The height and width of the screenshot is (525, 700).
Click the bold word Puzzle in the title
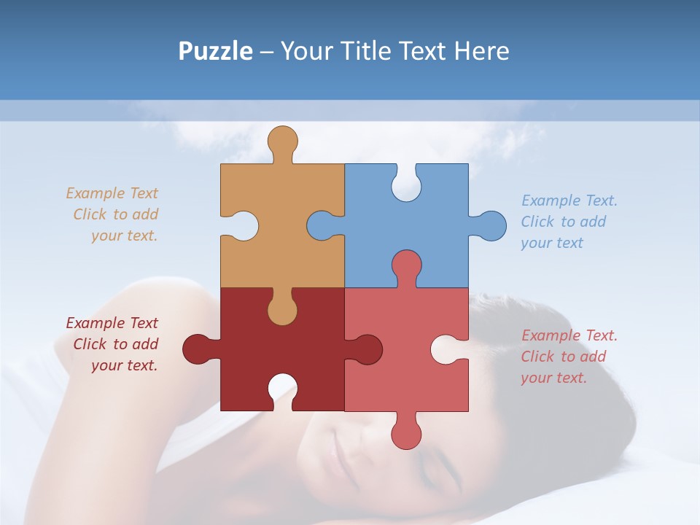[215, 51]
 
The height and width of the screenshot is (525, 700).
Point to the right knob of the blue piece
[491, 225]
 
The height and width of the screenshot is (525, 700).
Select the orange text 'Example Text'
[112, 193]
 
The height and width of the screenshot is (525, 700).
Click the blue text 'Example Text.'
[569, 201]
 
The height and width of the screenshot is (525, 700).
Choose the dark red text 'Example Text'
[112, 323]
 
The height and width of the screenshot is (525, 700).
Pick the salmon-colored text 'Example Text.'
[569, 335]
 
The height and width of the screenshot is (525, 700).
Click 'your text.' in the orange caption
[124, 236]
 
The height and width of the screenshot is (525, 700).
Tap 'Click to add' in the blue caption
[563, 222]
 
